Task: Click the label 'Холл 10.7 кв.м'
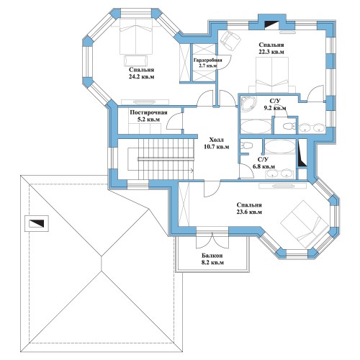coord(216,143)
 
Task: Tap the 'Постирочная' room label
coord(148,112)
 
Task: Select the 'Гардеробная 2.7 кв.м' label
coord(208,63)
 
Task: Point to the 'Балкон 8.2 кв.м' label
coord(212,259)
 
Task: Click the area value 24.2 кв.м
coord(141,77)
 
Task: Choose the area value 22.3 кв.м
coord(271,52)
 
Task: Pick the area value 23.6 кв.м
coord(249,212)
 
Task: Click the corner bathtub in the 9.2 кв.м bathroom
coord(248,104)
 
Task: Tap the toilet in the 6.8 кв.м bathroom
coord(246,145)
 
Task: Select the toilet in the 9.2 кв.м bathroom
coord(289,126)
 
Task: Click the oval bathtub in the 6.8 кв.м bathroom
coord(280,147)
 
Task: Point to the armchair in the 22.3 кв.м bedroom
coord(230,40)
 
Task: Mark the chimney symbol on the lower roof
coord(37,223)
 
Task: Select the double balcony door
coord(212,240)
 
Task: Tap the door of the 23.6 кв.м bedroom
coord(212,189)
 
